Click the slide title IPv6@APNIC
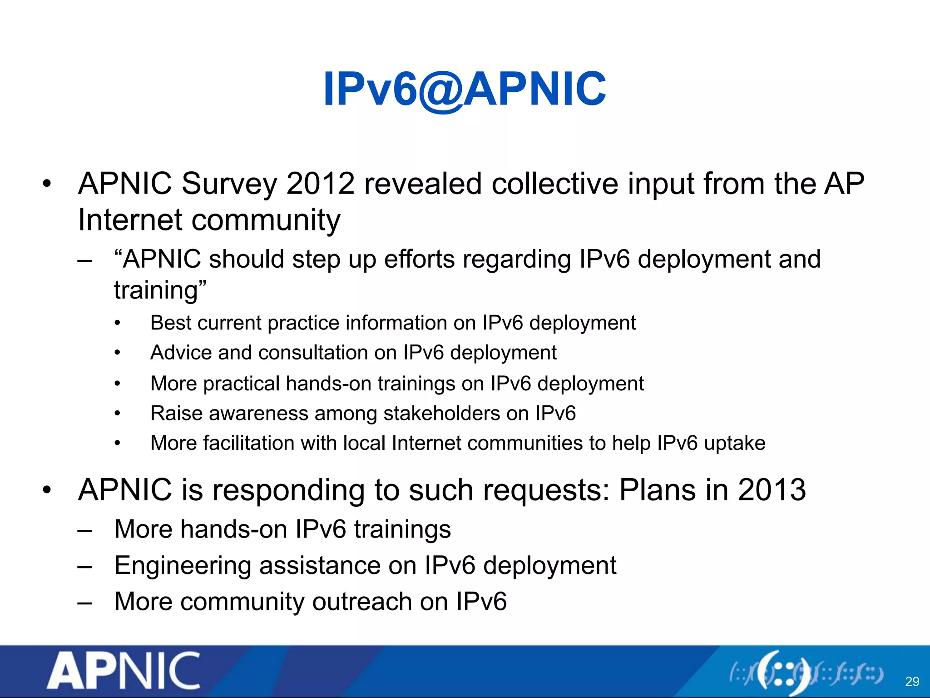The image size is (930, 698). [x=464, y=89]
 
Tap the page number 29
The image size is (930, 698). [x=912, y=681]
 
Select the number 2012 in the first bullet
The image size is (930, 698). [x=320, y=184]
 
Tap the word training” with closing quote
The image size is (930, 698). [x=160, y=290]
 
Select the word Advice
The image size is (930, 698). [x=180, y=353]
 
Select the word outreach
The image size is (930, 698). [x=362, y=602]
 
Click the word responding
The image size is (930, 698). [x=288, y=491]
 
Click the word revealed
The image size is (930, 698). [x=422, y=184]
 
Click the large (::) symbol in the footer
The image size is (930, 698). [x=784, y=673]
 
